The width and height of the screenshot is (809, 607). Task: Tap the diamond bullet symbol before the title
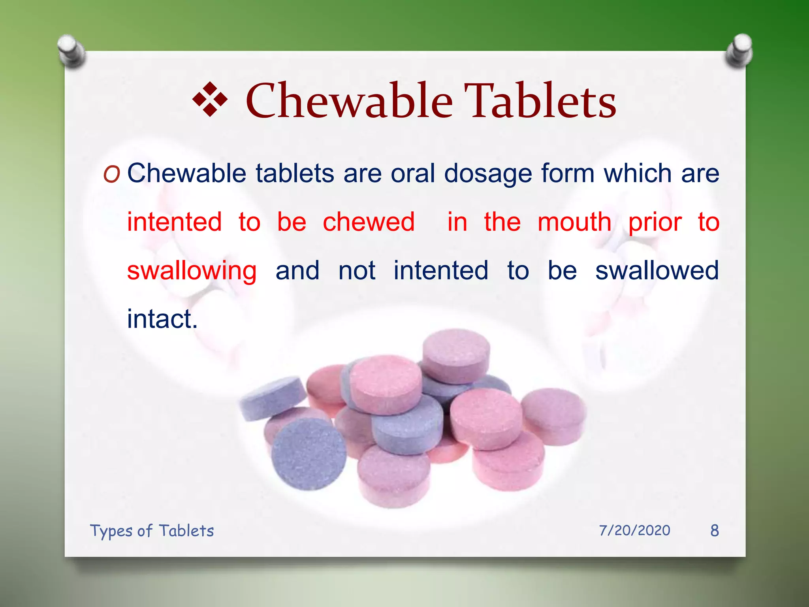click(x=210, y=100)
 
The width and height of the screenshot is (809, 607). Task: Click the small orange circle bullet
click(x=111, y=174)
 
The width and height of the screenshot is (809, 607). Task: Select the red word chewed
click(x=369, y=222)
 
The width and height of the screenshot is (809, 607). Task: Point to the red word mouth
click(x=574, y=222)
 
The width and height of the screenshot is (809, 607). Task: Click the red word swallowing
click(x=192, y=271)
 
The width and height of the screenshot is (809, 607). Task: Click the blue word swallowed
click(x=657, y=271)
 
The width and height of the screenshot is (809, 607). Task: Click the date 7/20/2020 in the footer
click(x=634, y=530)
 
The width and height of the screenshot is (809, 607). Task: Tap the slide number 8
click(x=714, y=530)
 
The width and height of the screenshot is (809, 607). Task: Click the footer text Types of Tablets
click(x=152, y=531)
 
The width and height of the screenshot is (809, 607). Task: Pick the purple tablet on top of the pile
click(x=456, y=354)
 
